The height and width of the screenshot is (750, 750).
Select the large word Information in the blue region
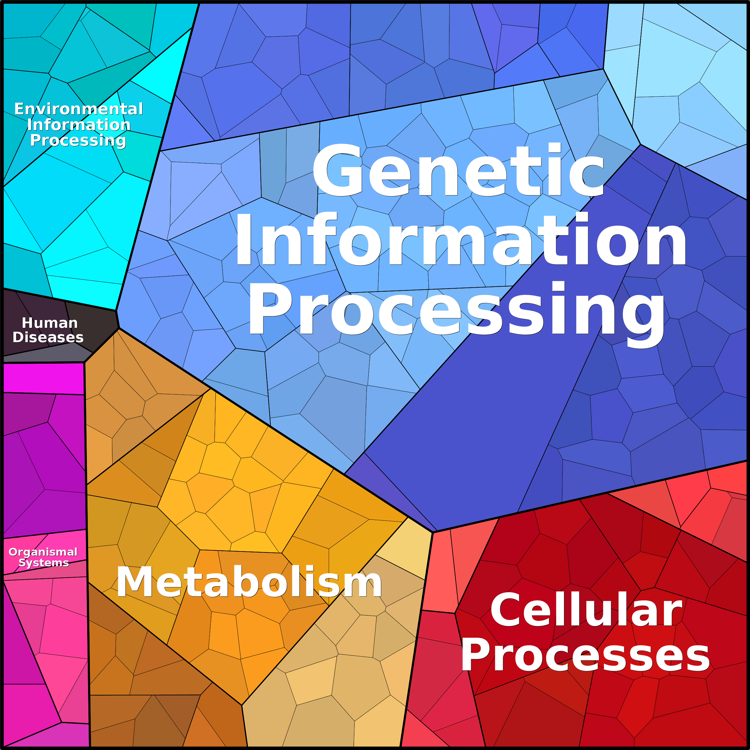coord(461,240)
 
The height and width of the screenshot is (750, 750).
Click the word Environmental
coord(79,109)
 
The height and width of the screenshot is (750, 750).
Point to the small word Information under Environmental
coord(79,125)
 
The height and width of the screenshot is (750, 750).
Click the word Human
coord(50,323)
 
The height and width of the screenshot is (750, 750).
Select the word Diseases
coord(48,337)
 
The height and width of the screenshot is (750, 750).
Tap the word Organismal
coord(43,552)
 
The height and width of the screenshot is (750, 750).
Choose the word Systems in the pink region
coord(44,563)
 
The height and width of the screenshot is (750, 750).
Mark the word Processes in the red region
coord(585,656)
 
